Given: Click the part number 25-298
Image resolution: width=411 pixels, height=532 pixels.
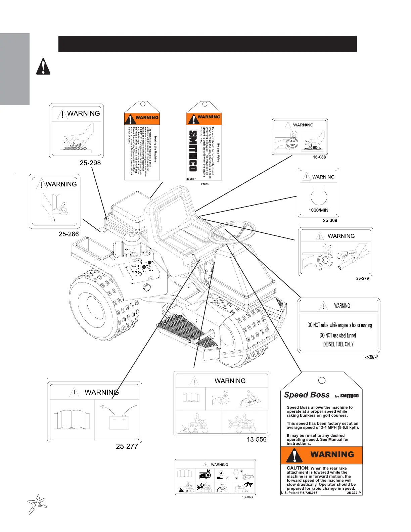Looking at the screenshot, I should (90, 163).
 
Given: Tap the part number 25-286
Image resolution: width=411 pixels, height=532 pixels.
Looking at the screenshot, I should (69, 234).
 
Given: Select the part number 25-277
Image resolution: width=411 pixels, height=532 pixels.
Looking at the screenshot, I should (127, 446).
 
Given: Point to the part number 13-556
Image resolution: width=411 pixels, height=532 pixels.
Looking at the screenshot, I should (257, 439).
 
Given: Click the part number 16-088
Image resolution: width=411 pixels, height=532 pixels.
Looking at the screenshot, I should (319, 157).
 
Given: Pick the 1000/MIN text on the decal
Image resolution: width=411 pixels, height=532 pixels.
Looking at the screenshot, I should (318, 210).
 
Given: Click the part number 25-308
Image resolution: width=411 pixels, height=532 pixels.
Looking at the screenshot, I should (330, 220).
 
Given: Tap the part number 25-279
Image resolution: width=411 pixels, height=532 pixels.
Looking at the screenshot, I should (362, 278).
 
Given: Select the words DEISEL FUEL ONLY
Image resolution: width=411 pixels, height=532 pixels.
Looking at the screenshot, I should (338, 344).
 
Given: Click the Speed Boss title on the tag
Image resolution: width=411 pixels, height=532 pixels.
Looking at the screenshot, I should (307, 395).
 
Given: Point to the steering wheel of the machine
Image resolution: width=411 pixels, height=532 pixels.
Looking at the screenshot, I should (232, 232).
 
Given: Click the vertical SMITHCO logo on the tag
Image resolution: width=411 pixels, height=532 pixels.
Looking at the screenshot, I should (193, 151).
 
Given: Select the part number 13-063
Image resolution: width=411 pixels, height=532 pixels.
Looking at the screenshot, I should (247, 497).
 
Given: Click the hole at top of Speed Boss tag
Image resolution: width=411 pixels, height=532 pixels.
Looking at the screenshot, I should (321, 380).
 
